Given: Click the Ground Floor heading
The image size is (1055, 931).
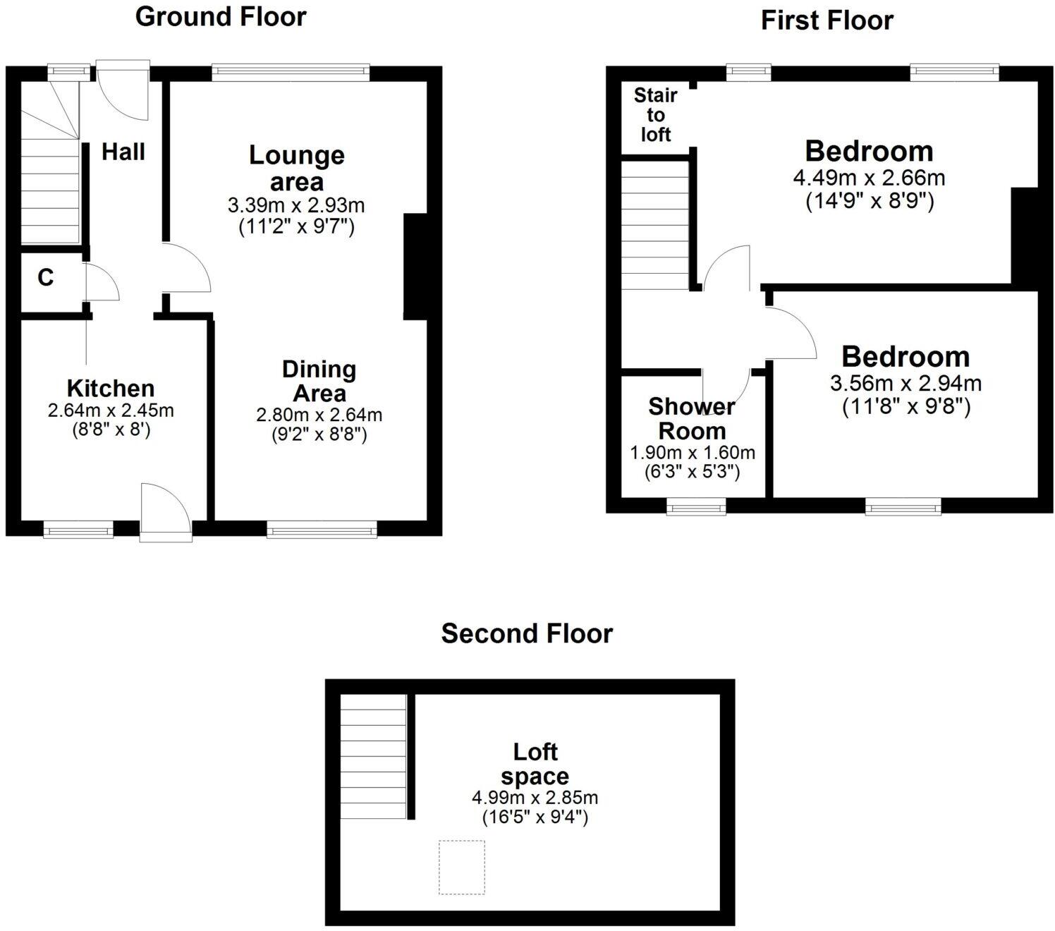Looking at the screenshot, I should pos(221,17).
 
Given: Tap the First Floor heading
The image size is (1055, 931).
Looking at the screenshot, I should pos(827,20).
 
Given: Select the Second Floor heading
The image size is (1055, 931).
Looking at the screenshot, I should pos(527,633).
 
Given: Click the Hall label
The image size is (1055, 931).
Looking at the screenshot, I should pos(123,152).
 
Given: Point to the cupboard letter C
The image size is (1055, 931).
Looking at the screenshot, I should pos(45,278).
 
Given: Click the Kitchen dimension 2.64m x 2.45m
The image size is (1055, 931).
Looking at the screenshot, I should pos(111,410).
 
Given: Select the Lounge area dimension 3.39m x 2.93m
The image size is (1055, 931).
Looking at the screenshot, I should pos(296,206).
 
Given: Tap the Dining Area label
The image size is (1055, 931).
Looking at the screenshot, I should pos(319,381).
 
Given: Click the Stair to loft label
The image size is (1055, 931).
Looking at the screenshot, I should pos(655,115).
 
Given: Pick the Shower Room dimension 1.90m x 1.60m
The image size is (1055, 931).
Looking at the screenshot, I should pos(692,453).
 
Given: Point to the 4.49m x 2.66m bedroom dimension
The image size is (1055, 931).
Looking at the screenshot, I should pos(869,178).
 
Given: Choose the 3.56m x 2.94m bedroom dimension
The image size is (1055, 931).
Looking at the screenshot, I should pos(905,384).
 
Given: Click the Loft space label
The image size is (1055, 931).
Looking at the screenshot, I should pos(535,764).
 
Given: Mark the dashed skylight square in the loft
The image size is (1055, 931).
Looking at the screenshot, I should pos(462,867).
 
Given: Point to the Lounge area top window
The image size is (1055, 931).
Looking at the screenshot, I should pos(291,70).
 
